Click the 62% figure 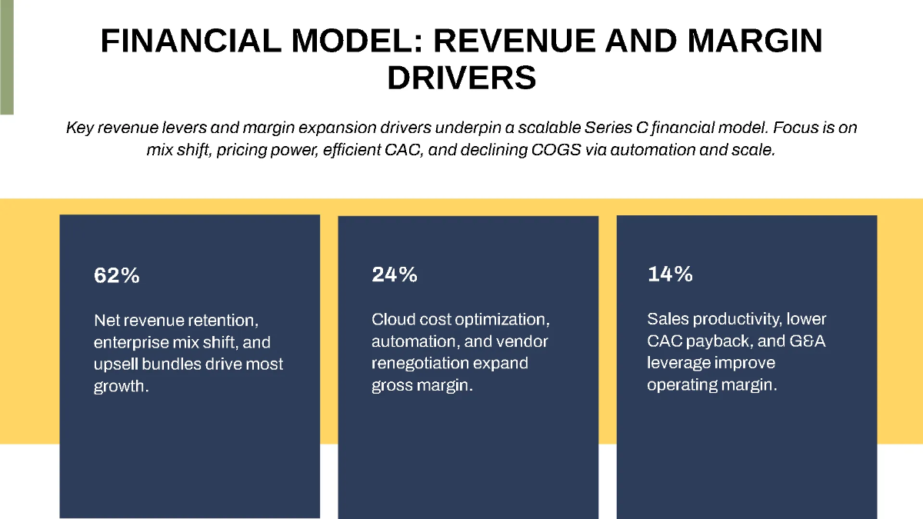[x=117, y=275]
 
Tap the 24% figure [x=395, y=274]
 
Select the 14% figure [x=670, y=274]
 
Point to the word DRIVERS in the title [x=461, y=78]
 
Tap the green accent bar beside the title [x=6, y=58]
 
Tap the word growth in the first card [x=119, y=387]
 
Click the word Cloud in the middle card [x=393, y=319]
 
